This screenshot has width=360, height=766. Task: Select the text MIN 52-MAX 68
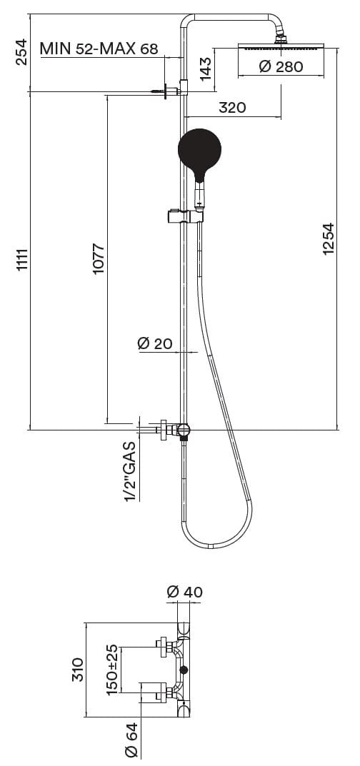tap(99, 49)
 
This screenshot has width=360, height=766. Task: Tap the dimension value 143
tap(206, 69)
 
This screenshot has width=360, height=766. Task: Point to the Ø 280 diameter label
tap(281, 66)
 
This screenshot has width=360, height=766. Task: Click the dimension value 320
tap(232, 107)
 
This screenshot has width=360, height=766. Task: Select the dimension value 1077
tap(99, 258)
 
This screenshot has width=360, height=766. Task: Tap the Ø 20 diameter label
tap(155, 343)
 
